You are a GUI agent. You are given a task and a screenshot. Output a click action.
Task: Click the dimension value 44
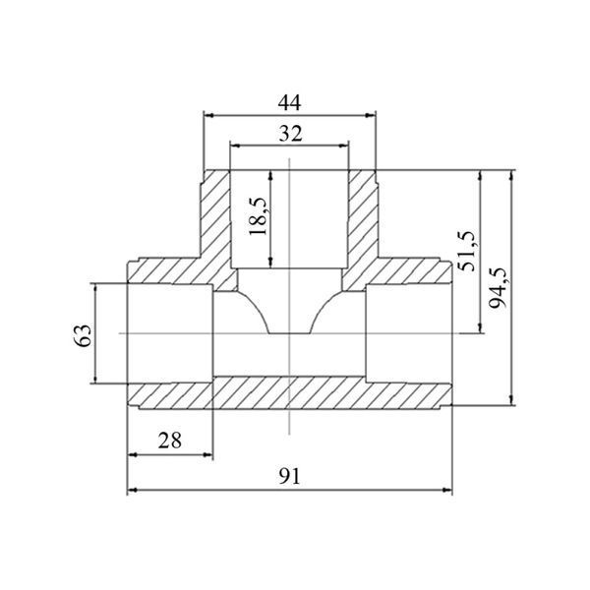[x=289, y=102]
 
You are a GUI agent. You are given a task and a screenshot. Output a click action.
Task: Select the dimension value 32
[x=290, y=134]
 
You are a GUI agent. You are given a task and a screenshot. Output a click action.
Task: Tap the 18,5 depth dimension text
[x=258, y=216]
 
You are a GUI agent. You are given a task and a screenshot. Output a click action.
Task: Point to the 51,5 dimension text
[x=467, y=251]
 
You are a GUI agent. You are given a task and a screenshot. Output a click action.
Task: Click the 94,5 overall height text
[x=499, y=288]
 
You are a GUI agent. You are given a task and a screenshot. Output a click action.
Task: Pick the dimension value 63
[x=83, y=335]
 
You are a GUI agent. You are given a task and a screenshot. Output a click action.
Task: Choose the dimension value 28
[x=170, y=441]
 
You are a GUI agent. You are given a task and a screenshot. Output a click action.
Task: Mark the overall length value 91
[x=290, y=476]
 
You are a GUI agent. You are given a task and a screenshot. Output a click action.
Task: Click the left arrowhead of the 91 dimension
[x=132, y=490]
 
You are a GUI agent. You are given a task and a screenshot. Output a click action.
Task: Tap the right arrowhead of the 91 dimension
[x=447, y=490]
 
